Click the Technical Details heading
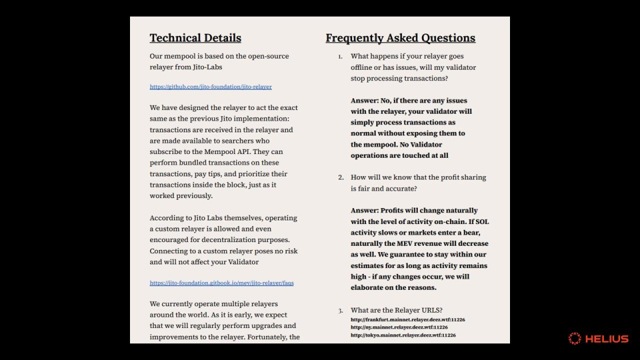pos(195,38)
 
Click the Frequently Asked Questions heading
pos(400,38)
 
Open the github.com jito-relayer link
pos(211,87)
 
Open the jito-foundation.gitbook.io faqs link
pos(221,283)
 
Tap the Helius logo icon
pos(575,339)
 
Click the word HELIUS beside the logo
pos(607,339)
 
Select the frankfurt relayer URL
pos(407,320)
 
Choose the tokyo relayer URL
pos(403,335)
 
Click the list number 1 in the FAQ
pos(340,57)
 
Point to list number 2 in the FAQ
pos(340,177)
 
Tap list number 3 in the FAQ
pos(340,310)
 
